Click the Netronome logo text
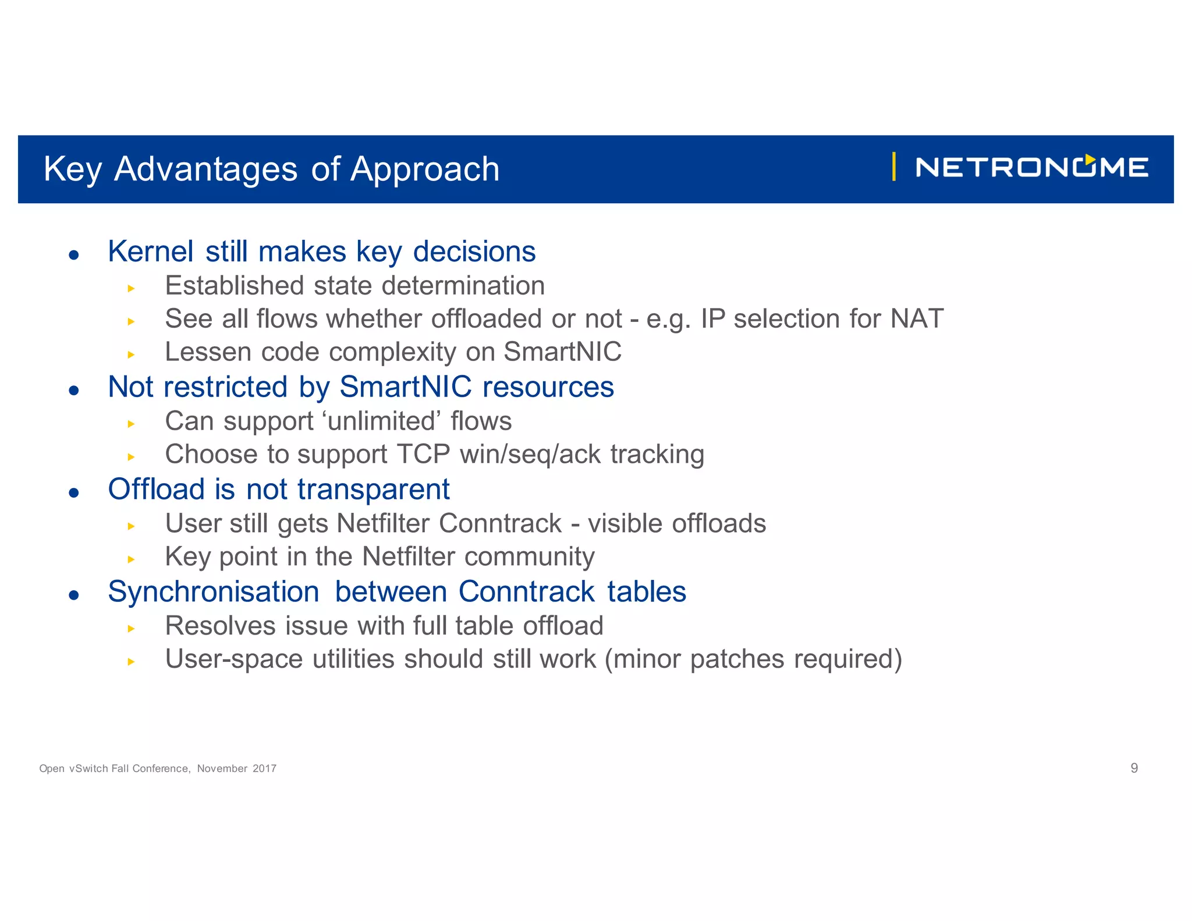click(1031, 168)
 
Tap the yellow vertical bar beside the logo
click(893, 167)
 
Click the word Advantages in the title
click(206, 169)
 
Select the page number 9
click(1134, 768)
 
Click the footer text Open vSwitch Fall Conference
click(115, 768)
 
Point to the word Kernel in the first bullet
click(150, 252)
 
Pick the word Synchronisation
click(213, 592)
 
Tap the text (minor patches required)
click(754, 660)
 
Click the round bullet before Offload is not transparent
click(73, 493)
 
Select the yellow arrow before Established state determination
click(131, 288)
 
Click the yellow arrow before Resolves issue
click(131, 628)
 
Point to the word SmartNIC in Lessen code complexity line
click(562, 352)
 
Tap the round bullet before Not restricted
click(73, 390)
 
